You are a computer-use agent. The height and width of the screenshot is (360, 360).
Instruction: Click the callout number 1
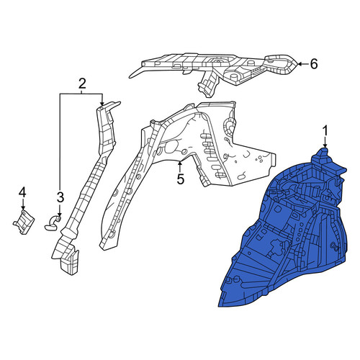click(x=325, y=132)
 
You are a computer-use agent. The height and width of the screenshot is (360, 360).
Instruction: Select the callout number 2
click(x=82, y=84)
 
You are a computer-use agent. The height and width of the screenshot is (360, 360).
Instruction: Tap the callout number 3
click(x=60, y=197)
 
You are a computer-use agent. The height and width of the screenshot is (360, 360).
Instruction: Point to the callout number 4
click(x=22, y=193)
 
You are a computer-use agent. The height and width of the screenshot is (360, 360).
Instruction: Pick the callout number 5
click(x=180, y=179)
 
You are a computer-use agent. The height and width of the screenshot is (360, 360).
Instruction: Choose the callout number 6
click(x=314, y=64)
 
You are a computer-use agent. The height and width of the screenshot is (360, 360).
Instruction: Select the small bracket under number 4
click(x=24, y=222)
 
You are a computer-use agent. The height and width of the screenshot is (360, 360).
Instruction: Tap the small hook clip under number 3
click(x=53, y=222)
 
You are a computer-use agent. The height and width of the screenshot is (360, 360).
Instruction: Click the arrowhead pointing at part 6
click(x=300, y=64)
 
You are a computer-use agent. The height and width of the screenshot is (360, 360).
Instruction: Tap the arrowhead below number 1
click(x=325, y=145)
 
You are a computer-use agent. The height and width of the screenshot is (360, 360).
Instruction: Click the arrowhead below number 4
click(x=23, y=208)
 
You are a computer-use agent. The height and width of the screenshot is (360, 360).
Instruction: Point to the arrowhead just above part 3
click(x=60, y=213)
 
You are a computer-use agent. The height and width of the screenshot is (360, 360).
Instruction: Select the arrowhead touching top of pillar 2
click(x=102, y=103)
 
